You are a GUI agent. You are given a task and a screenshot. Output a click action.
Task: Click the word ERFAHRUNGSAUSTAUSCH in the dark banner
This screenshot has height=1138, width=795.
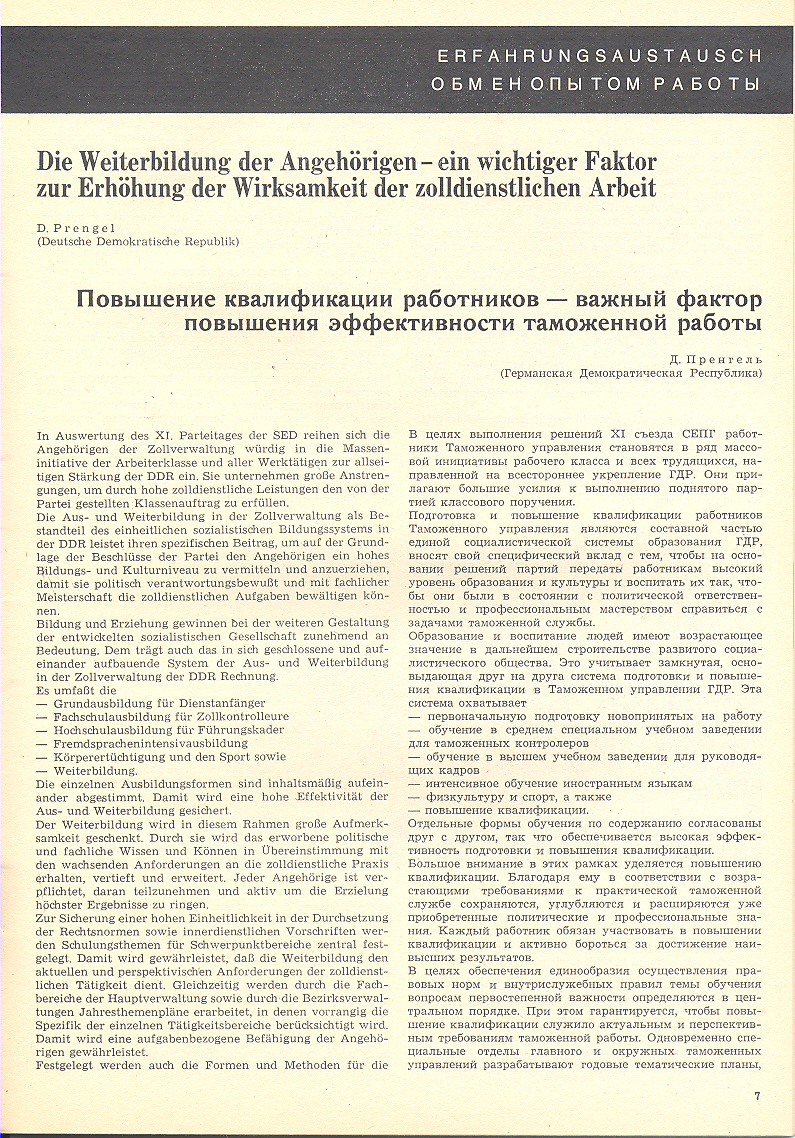(599, 56)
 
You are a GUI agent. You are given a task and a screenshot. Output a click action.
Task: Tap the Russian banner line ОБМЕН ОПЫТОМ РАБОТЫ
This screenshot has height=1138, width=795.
(596, 83)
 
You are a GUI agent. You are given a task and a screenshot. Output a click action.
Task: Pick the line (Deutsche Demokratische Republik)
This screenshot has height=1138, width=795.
(138, 242)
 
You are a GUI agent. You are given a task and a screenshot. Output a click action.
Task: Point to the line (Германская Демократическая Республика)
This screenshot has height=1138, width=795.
(631, 372)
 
